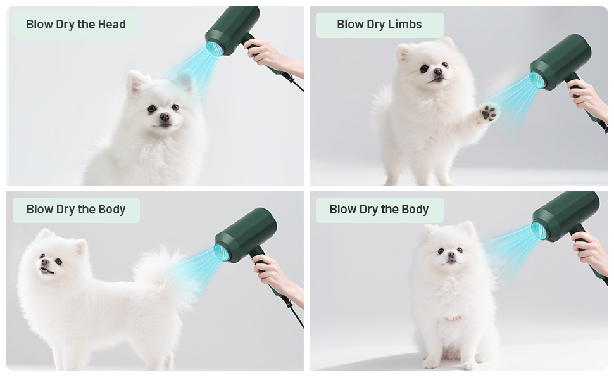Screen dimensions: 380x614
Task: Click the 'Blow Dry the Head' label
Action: [x=76, y=25]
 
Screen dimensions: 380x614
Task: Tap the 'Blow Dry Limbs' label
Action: [x=379, y=25]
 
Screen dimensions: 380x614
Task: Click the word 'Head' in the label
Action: [x=111, y=25]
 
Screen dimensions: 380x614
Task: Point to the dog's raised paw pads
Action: [x=489, y=113]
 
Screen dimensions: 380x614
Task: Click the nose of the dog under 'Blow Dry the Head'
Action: [x=165, y=117]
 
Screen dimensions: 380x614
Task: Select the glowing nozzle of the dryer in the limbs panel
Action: [x=537, y=80]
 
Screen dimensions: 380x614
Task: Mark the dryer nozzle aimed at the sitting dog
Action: [x=539, y=230]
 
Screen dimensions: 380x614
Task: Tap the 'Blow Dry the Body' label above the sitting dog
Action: [x=379, y=210]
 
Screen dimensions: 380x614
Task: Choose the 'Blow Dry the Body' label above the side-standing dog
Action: [x=76, y=210]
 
